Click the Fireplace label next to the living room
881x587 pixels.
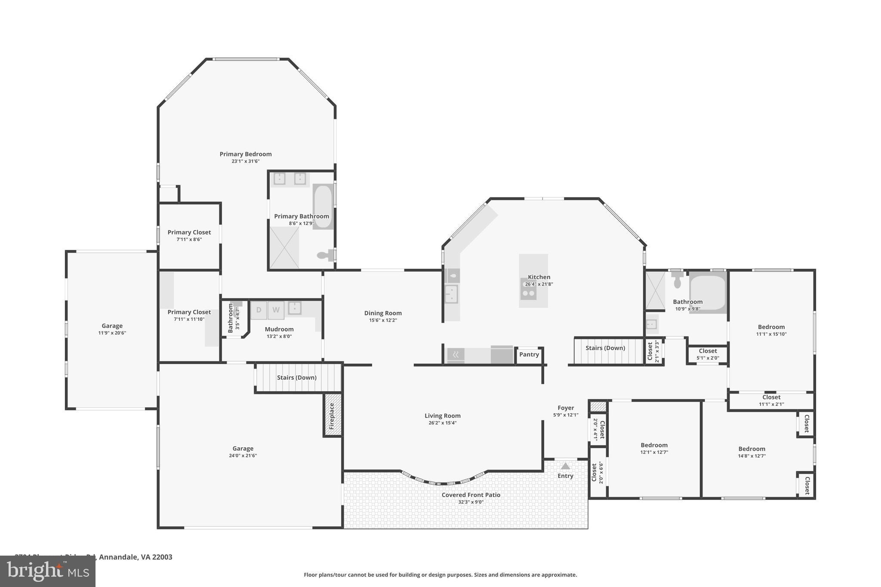(332, 416)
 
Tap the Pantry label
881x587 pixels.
(529, 354)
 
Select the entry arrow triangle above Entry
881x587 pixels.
(565, 466)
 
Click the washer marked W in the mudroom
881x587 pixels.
(276, 310)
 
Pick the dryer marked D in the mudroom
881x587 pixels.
(259, 310)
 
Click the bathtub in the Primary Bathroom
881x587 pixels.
(323, 206)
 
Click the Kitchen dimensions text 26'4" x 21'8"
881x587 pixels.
(539, 284)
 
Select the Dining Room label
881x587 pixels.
(383, 313)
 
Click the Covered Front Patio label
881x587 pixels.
(471, 495)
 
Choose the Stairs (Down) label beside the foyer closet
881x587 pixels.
(605, 348)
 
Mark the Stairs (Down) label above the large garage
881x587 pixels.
(296, 378)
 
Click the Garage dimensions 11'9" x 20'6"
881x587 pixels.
(112, 333)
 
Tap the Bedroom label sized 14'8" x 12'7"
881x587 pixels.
(752, 449)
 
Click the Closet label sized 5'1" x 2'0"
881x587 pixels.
(708, 351)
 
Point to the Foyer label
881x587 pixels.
(566, 408)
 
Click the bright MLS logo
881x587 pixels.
(47, 572)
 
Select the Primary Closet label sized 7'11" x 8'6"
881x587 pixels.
(189, 232)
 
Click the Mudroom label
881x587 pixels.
(279, 329)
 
